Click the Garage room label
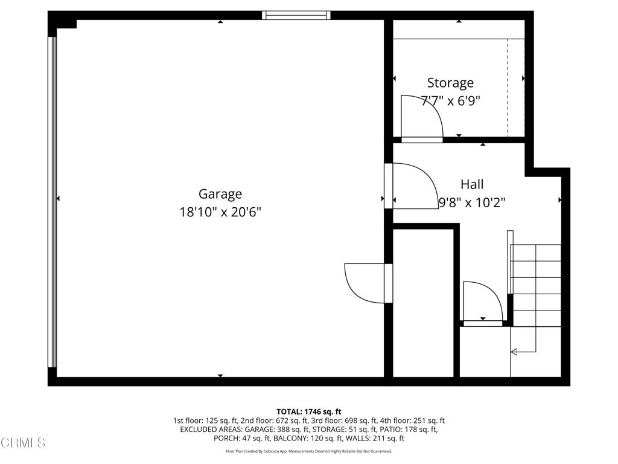click(x=220, y=194)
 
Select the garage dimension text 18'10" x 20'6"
click(x=220, y=212)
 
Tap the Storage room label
click(x=450, y=83)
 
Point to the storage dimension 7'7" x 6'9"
click(x=450, y=101)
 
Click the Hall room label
click(x=472, y=184)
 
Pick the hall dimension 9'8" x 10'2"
click(x=472, y=203)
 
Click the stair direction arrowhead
click(x=514, y=352)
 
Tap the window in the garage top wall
click(x=296, y=15)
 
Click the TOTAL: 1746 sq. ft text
click(x=308, y=412)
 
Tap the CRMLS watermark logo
click(x=23, y=443)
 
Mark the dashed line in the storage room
click(x=508, y=88)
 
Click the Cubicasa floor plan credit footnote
click(x=308, y=451)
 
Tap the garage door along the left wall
click(x=53, y=202)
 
